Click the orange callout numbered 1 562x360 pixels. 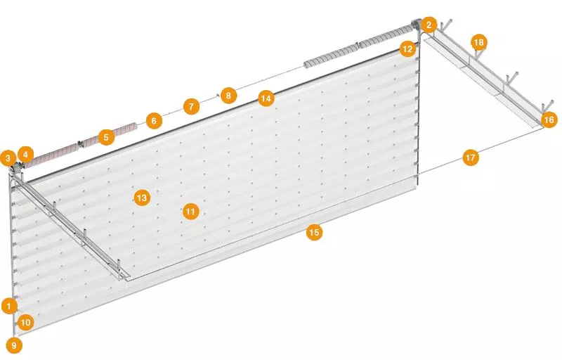tap(9, 307)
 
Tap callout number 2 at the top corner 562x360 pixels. tap(429, 25)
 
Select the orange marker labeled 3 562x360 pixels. tap(8, 157)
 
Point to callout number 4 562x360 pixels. tap(25, 155)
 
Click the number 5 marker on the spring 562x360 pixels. tap(106, 137)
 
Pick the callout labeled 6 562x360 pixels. tap(154, 121)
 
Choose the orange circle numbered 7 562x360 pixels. tap(191, 106)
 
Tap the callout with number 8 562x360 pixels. tap(229, 96)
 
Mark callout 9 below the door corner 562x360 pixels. tap(14, 346)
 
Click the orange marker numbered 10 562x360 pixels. tap(25, 322)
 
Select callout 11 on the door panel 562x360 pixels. tap(190, 212)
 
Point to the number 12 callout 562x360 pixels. tap(407, 49)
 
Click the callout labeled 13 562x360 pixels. tap(142, 198)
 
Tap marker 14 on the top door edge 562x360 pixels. tap(266, 98)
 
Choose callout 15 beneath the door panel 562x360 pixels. tap(314, 232)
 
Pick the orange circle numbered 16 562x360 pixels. tap(549, 120)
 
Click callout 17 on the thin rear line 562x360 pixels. tap(471, 157)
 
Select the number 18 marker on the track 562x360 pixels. tap(479, 43)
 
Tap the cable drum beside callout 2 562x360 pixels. tap(416, 25)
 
